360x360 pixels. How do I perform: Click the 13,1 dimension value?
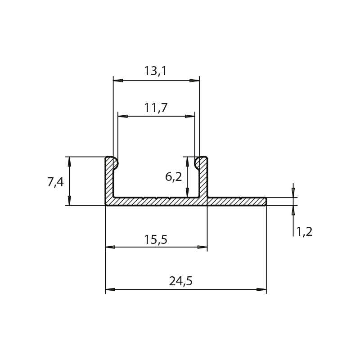click(155, 71)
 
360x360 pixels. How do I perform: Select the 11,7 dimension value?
click(156, 108)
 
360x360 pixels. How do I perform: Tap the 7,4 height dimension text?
click(55, 183)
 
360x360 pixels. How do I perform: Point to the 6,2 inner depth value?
click(173, 177)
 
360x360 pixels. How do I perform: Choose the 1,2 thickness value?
click(305, 231)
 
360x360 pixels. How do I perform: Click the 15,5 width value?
click(156, 239)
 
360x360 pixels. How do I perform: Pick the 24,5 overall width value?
click(181, 281)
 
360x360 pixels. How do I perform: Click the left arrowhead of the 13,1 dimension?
click(118, 81)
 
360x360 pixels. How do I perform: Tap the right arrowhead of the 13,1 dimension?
click(194, 81)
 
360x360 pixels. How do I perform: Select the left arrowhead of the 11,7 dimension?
click(122, 117)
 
